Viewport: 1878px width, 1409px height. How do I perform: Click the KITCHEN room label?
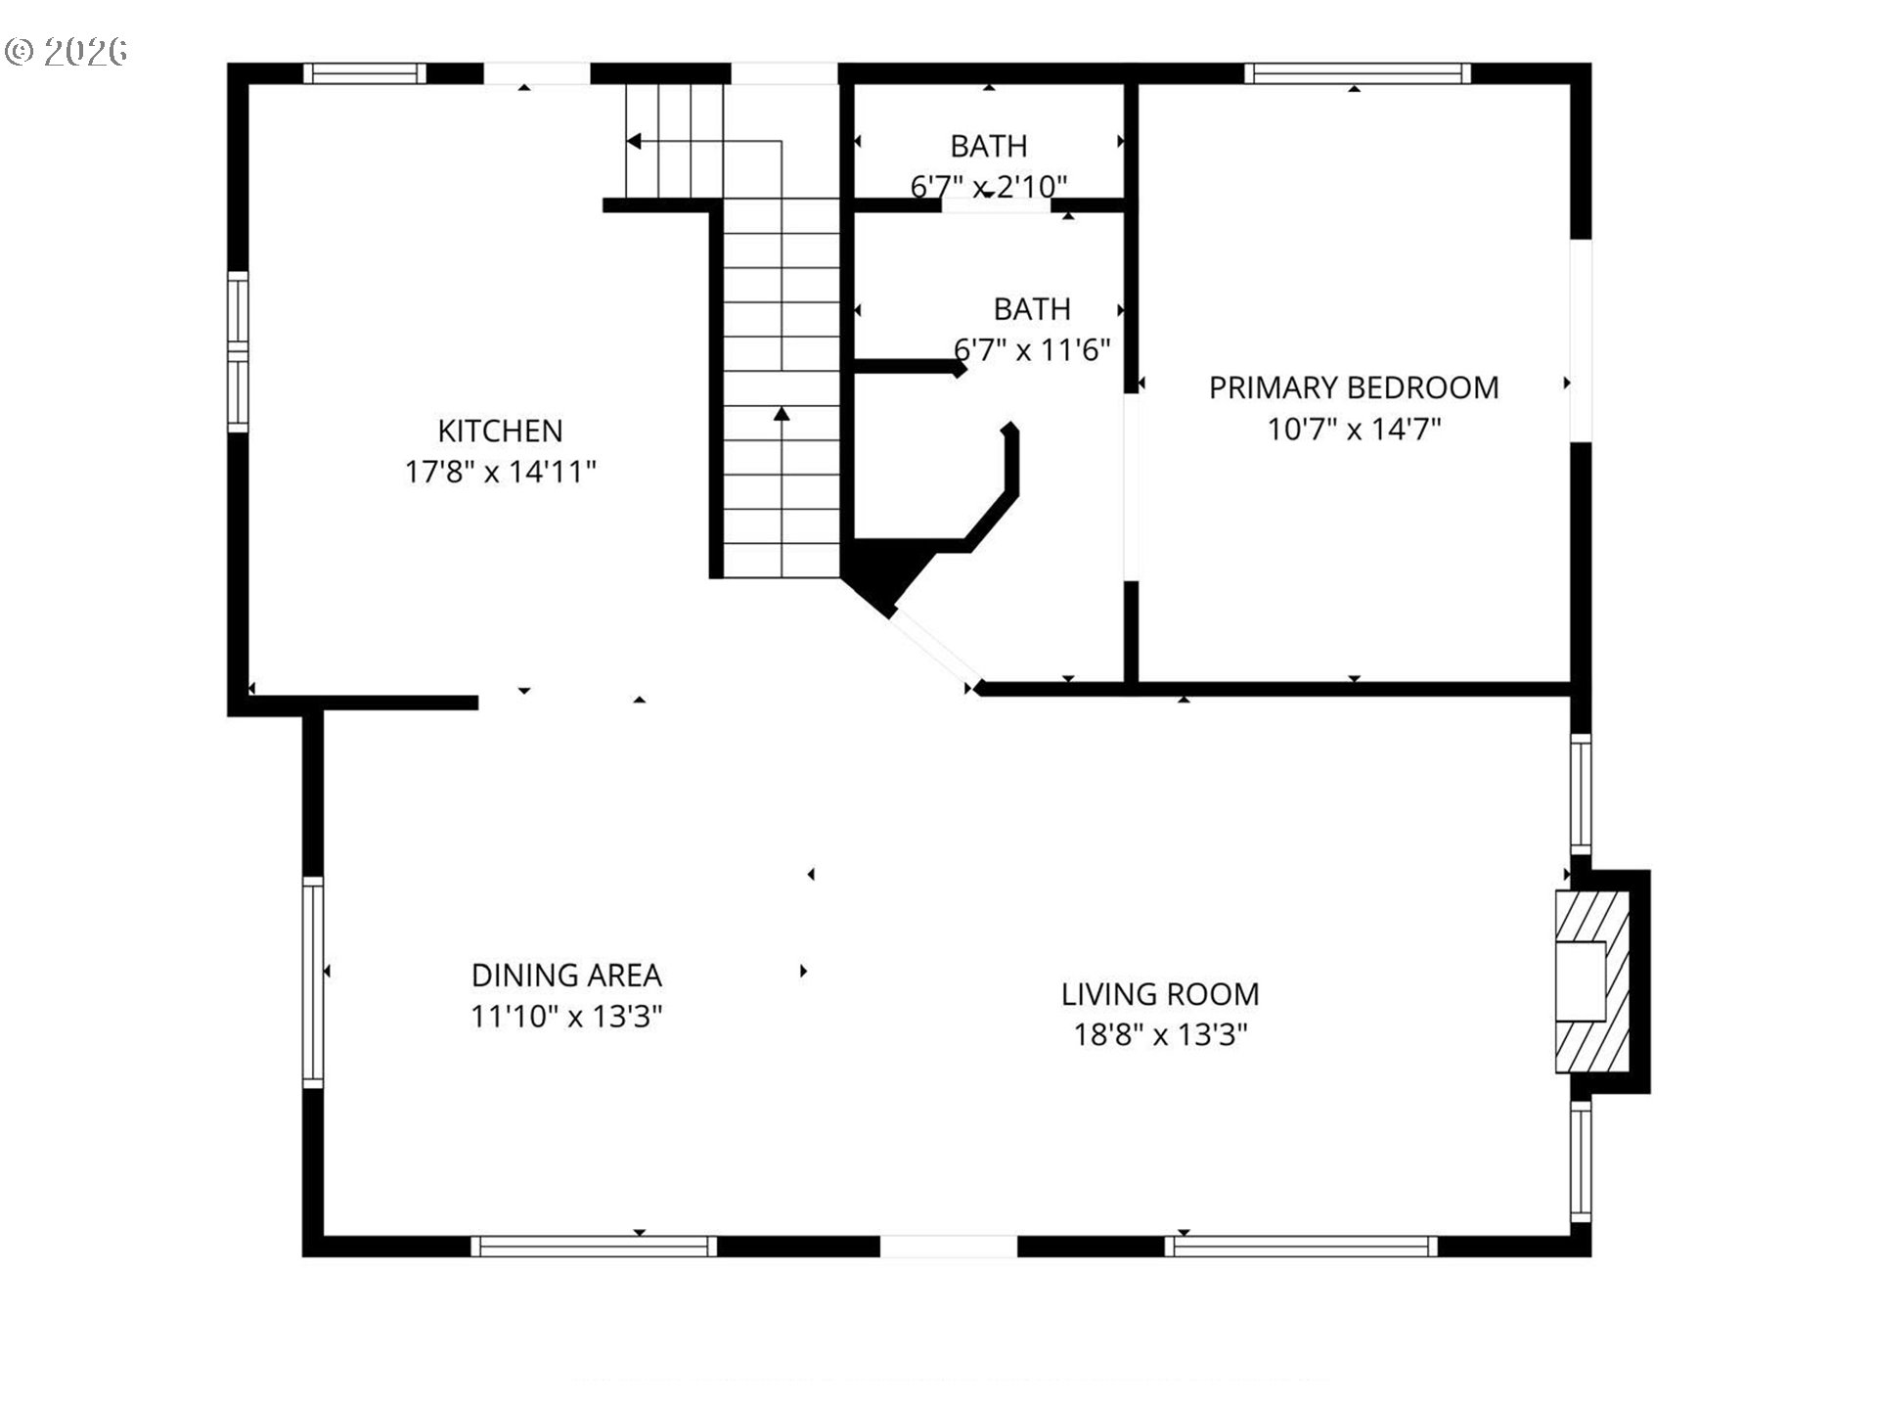[x=500, y=431]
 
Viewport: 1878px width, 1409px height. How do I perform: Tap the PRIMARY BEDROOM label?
[x=1354, y=387]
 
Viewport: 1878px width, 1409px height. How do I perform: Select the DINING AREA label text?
[x=566, y=976]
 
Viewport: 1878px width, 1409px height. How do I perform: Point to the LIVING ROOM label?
[x=1160, y=994]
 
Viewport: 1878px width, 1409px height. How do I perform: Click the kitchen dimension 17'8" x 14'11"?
[x=500, y=472]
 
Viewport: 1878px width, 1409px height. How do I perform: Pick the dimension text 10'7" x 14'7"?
[x=1354, y=429]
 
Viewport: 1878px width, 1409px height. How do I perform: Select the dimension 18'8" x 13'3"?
[x=1160, y=1034]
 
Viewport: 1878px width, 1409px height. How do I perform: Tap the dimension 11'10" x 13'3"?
[x=566, y=1017]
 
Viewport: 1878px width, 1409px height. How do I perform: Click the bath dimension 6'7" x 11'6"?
[x=1032, y=349]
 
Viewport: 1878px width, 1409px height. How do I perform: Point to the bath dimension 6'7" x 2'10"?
[x=989, y=186]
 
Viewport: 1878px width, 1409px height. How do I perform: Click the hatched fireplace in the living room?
[x=1592, y=981]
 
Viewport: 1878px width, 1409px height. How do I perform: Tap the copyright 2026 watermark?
[x=67, y=51]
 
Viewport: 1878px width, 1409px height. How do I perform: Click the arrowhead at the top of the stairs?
[x=634, y=142]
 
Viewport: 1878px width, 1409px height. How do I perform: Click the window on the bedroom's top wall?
[x=1358, y=73]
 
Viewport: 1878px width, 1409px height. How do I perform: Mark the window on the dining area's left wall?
[x=313, y=981]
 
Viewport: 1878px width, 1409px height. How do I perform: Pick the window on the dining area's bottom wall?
[x=594, y=1246]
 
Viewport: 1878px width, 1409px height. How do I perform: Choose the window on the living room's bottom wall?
[x=1301, y=1246]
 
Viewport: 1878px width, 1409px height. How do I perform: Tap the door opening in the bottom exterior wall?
[x=949, y=1246]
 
